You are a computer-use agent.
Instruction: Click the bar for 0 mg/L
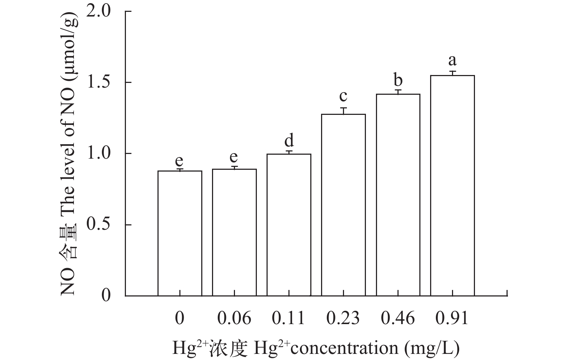180,233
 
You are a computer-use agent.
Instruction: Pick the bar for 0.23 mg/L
343,205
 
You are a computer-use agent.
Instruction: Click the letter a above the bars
452,60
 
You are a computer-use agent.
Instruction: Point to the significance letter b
398,80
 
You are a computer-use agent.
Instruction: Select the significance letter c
343,96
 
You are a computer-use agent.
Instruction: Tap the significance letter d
289,140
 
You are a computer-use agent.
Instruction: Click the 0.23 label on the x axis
343,318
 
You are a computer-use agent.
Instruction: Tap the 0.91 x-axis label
452,318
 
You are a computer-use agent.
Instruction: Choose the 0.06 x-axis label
234,318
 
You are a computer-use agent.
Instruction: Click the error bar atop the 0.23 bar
343,111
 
